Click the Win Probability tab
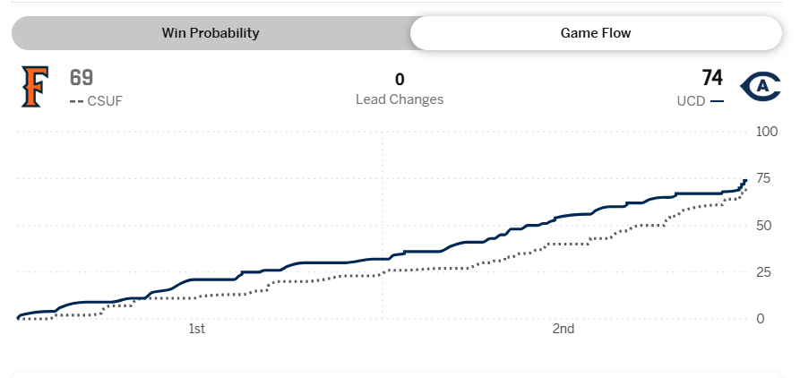[x=210, y=33]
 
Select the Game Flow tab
[x=595, y=33]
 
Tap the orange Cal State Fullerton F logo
[x=34, y=87]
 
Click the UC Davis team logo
[x=761, y=86]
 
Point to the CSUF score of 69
[x=82, y=78]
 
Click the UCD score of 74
[x=712, y=78]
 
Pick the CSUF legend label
[x=105, y=101]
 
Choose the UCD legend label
[x=691, y=101]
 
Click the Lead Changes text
[x=400, y=99]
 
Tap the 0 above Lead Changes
[x=400, y=79]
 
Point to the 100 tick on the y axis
[x=767, y=132]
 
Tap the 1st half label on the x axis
[x=197, y=330]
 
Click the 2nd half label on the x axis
[x=563, y=330]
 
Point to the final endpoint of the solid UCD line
[x=745, y=180]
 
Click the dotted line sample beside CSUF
[x=76, y=101]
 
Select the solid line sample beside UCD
[x=717, y=101]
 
